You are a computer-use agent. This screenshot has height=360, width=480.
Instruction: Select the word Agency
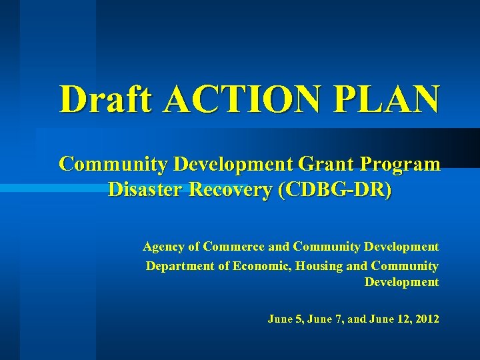tap(163, 247)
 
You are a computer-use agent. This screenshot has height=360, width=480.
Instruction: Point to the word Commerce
tap(233, 247)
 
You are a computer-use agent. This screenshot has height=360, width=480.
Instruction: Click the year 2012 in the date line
tap(426, 319)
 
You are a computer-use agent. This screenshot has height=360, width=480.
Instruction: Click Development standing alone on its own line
tap(401, 282)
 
